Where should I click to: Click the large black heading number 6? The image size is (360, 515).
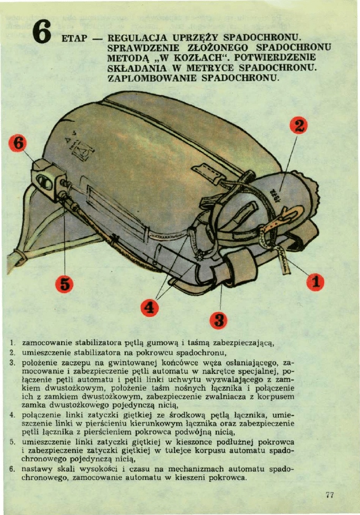[42, 32]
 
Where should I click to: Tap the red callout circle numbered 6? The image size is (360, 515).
[18, 143]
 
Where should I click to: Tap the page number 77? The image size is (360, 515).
[330, 494]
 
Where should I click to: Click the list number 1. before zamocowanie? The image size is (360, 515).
[12, 343]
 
